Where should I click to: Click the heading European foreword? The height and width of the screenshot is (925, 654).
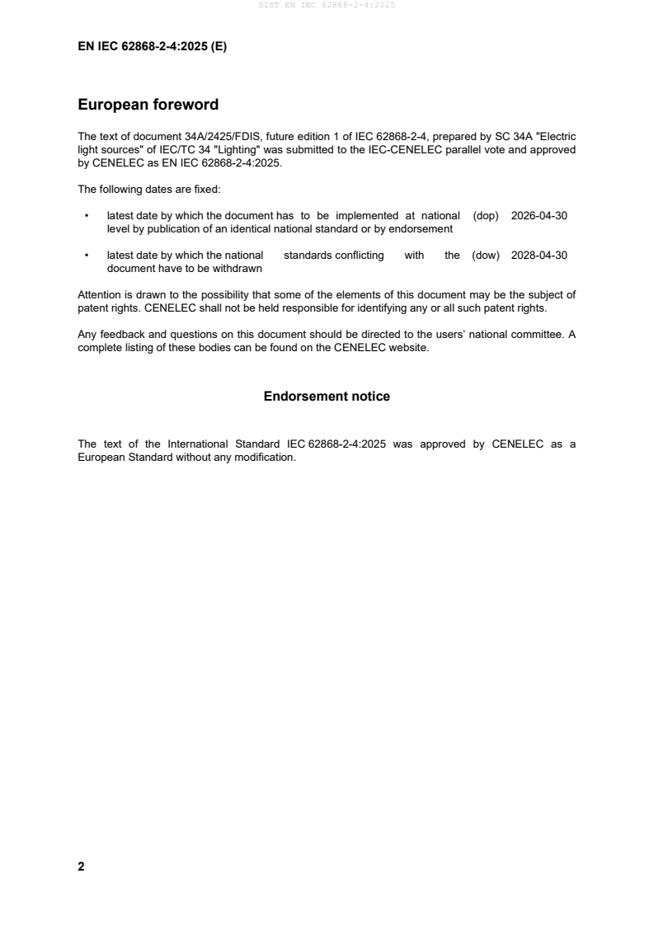click(148, 105)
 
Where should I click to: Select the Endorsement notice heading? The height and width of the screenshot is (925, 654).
click(327, 397)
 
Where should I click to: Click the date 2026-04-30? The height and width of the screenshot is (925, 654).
click(539, 216)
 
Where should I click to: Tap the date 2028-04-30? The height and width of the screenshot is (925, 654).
click(539, 256)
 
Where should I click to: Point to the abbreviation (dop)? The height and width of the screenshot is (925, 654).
click(487, 216)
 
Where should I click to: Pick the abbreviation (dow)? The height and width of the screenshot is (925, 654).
click(486, 256)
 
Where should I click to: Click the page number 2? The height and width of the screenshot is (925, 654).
click(81, 866)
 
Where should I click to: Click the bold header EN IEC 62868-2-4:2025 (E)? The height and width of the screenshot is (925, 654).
click(152, 47)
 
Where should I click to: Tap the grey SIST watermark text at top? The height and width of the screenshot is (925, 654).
click(327, 5)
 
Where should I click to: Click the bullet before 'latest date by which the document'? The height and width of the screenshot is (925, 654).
click(87, 216)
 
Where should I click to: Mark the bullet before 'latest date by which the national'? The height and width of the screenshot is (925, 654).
click(87, 256)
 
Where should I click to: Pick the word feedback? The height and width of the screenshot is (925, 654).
click(119, 335)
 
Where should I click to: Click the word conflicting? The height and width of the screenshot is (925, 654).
click(359, 256)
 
